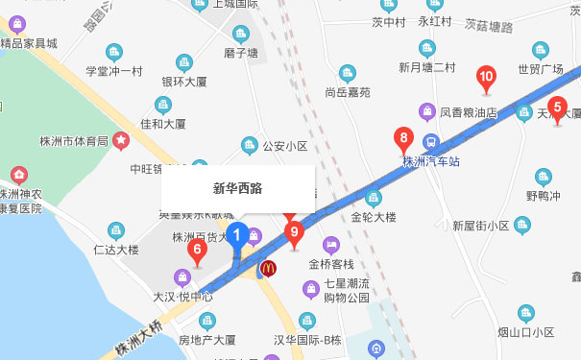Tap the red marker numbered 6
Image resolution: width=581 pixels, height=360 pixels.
[198, 252]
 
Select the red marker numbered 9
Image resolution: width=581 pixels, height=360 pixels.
[295, 231]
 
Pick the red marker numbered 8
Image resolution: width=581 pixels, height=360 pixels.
[405, 138]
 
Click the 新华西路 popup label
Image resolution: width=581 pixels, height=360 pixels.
[237, 187]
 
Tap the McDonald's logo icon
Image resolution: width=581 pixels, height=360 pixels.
[270, 269]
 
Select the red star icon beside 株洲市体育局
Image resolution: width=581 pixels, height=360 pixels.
[122, 141]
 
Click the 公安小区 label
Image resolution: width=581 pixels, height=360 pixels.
[284, 147]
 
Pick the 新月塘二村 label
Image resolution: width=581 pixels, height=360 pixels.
[427, 67]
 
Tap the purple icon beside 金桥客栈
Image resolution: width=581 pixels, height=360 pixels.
[331, 246]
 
